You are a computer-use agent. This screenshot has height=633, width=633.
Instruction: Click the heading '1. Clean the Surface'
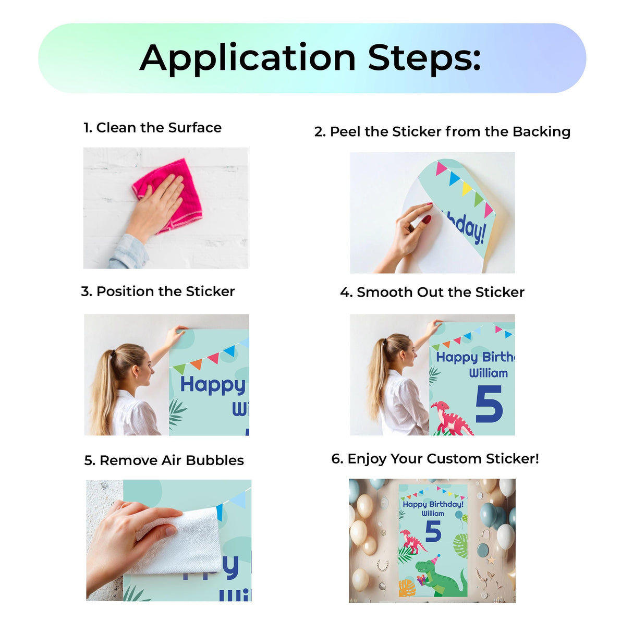(x=152, y=128)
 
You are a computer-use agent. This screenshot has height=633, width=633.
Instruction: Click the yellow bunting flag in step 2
(x=466, y=188)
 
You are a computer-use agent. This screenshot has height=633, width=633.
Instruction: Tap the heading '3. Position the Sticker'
(x=157, y=291)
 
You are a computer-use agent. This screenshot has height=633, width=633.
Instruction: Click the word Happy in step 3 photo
(x=212, y=385)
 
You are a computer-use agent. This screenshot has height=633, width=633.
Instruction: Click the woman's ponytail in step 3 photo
(x=107, y=386)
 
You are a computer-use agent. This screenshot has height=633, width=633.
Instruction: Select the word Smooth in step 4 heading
(x=384, y=293)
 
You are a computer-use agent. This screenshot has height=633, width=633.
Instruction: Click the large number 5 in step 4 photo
(x=489, y=404)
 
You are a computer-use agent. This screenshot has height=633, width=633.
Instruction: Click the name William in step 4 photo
(x=488, y=373)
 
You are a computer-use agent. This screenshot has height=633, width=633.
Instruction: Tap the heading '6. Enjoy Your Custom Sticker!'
(x=435, y=459)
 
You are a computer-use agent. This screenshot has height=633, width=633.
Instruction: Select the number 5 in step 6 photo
(x=433, y=532)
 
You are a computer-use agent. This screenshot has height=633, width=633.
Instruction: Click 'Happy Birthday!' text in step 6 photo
(x=433, y=504)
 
